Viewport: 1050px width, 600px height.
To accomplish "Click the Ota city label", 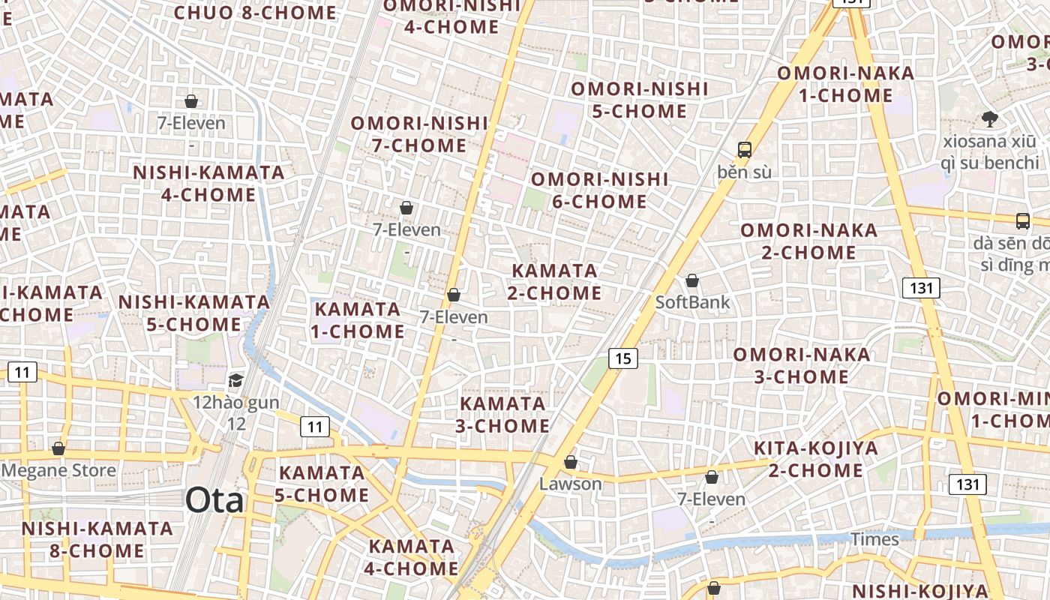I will click(x=214, y=500).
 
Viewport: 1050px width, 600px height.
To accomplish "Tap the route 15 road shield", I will click(x=623, y=358).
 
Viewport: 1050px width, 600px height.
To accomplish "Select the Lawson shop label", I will click(x=571, y=484).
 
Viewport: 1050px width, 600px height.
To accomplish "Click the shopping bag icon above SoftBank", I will click(x=692, y=281).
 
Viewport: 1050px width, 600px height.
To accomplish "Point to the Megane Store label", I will click(x=59, y=471).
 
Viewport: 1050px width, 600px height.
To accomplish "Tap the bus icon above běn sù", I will click(x=744, y=149).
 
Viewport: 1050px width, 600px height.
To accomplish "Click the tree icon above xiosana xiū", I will click(x=990, y=118).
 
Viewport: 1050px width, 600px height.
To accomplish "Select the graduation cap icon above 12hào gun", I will click(x=236, y=380).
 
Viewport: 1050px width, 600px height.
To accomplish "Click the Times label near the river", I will click(x=874, y=539).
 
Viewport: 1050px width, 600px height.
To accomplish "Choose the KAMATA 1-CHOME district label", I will click(x=359, y=320).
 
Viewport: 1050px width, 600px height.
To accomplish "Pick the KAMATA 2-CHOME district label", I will click(x=554, y=281).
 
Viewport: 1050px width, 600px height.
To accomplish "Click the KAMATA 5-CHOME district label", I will click(x=322, y=484).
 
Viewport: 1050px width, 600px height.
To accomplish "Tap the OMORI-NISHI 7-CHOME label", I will click(x=419, y=133).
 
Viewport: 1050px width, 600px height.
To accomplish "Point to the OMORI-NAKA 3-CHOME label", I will click(x=802, y=365).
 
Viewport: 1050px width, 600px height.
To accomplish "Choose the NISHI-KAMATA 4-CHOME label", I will click(x=208, y=184).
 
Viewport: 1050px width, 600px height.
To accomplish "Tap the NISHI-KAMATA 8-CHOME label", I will click(x=97, y=539).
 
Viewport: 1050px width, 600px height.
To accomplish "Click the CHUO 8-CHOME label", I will click(x=255, y=12).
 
